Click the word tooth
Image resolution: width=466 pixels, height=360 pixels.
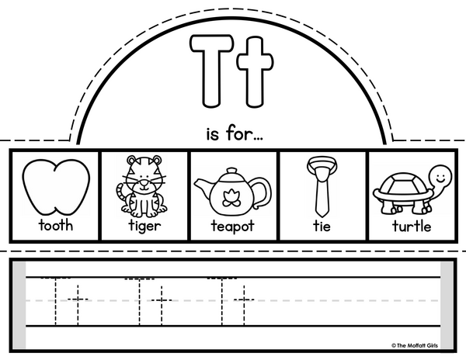[56, 225]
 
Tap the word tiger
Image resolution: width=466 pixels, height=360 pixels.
[144, 226]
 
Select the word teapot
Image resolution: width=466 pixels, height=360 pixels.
[233, 226]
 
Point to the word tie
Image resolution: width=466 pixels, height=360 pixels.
[322, 226]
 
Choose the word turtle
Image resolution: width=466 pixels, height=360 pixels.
[412, 226]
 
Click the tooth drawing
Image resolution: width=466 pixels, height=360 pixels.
[56, 187]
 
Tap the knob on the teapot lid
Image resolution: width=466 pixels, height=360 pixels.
[231, 171]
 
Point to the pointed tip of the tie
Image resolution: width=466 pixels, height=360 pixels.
[322, 216]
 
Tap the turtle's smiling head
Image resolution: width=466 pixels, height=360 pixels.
[440, 177]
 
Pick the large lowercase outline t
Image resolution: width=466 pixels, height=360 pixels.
[255, 71]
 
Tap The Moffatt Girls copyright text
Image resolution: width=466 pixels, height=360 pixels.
[414, 345]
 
